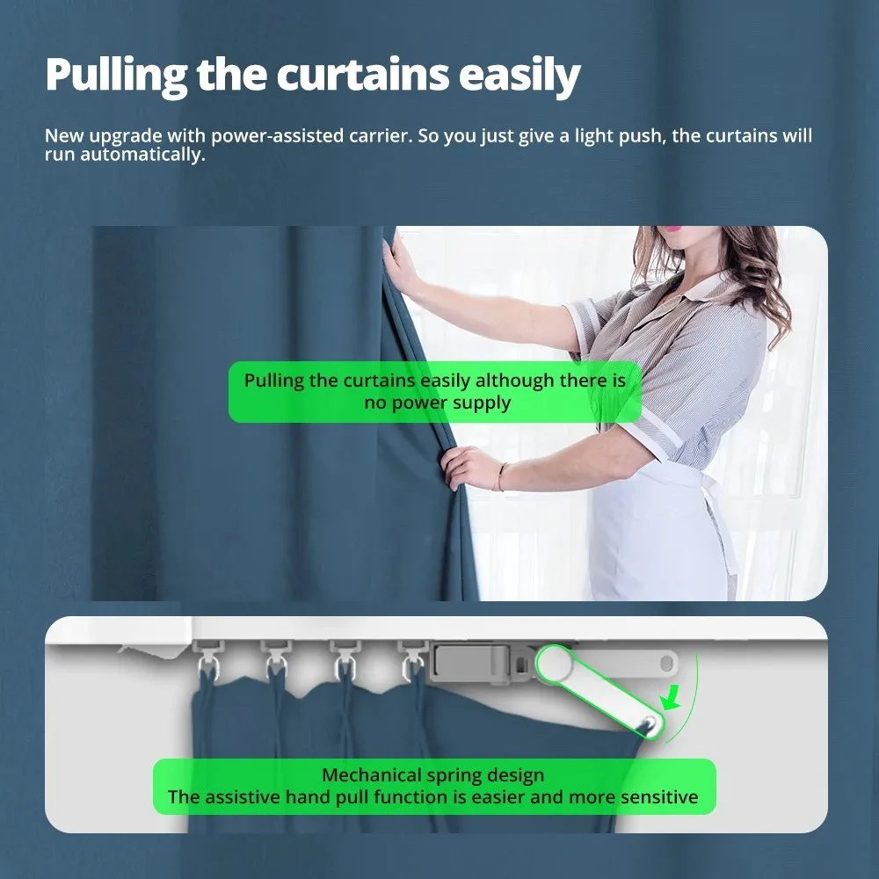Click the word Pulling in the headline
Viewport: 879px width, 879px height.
115,76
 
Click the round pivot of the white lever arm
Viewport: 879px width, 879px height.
557,665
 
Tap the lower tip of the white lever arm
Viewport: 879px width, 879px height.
647,723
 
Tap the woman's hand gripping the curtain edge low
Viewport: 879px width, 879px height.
465,466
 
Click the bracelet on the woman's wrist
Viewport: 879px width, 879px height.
501,476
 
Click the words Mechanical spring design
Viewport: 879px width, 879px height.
432,775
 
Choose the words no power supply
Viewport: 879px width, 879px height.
437,403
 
